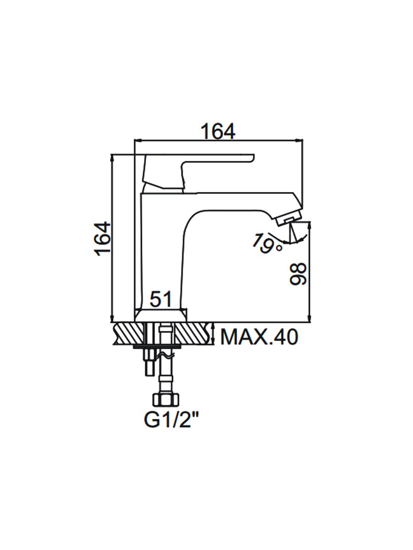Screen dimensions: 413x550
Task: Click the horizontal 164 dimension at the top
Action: click(218, 131)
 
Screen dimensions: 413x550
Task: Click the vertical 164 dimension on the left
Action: click(103, 239)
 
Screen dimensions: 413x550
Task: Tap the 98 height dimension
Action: click(298, 274)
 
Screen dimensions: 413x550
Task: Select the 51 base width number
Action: click(161, 299)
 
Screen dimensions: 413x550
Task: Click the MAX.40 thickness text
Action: click(259, 337)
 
